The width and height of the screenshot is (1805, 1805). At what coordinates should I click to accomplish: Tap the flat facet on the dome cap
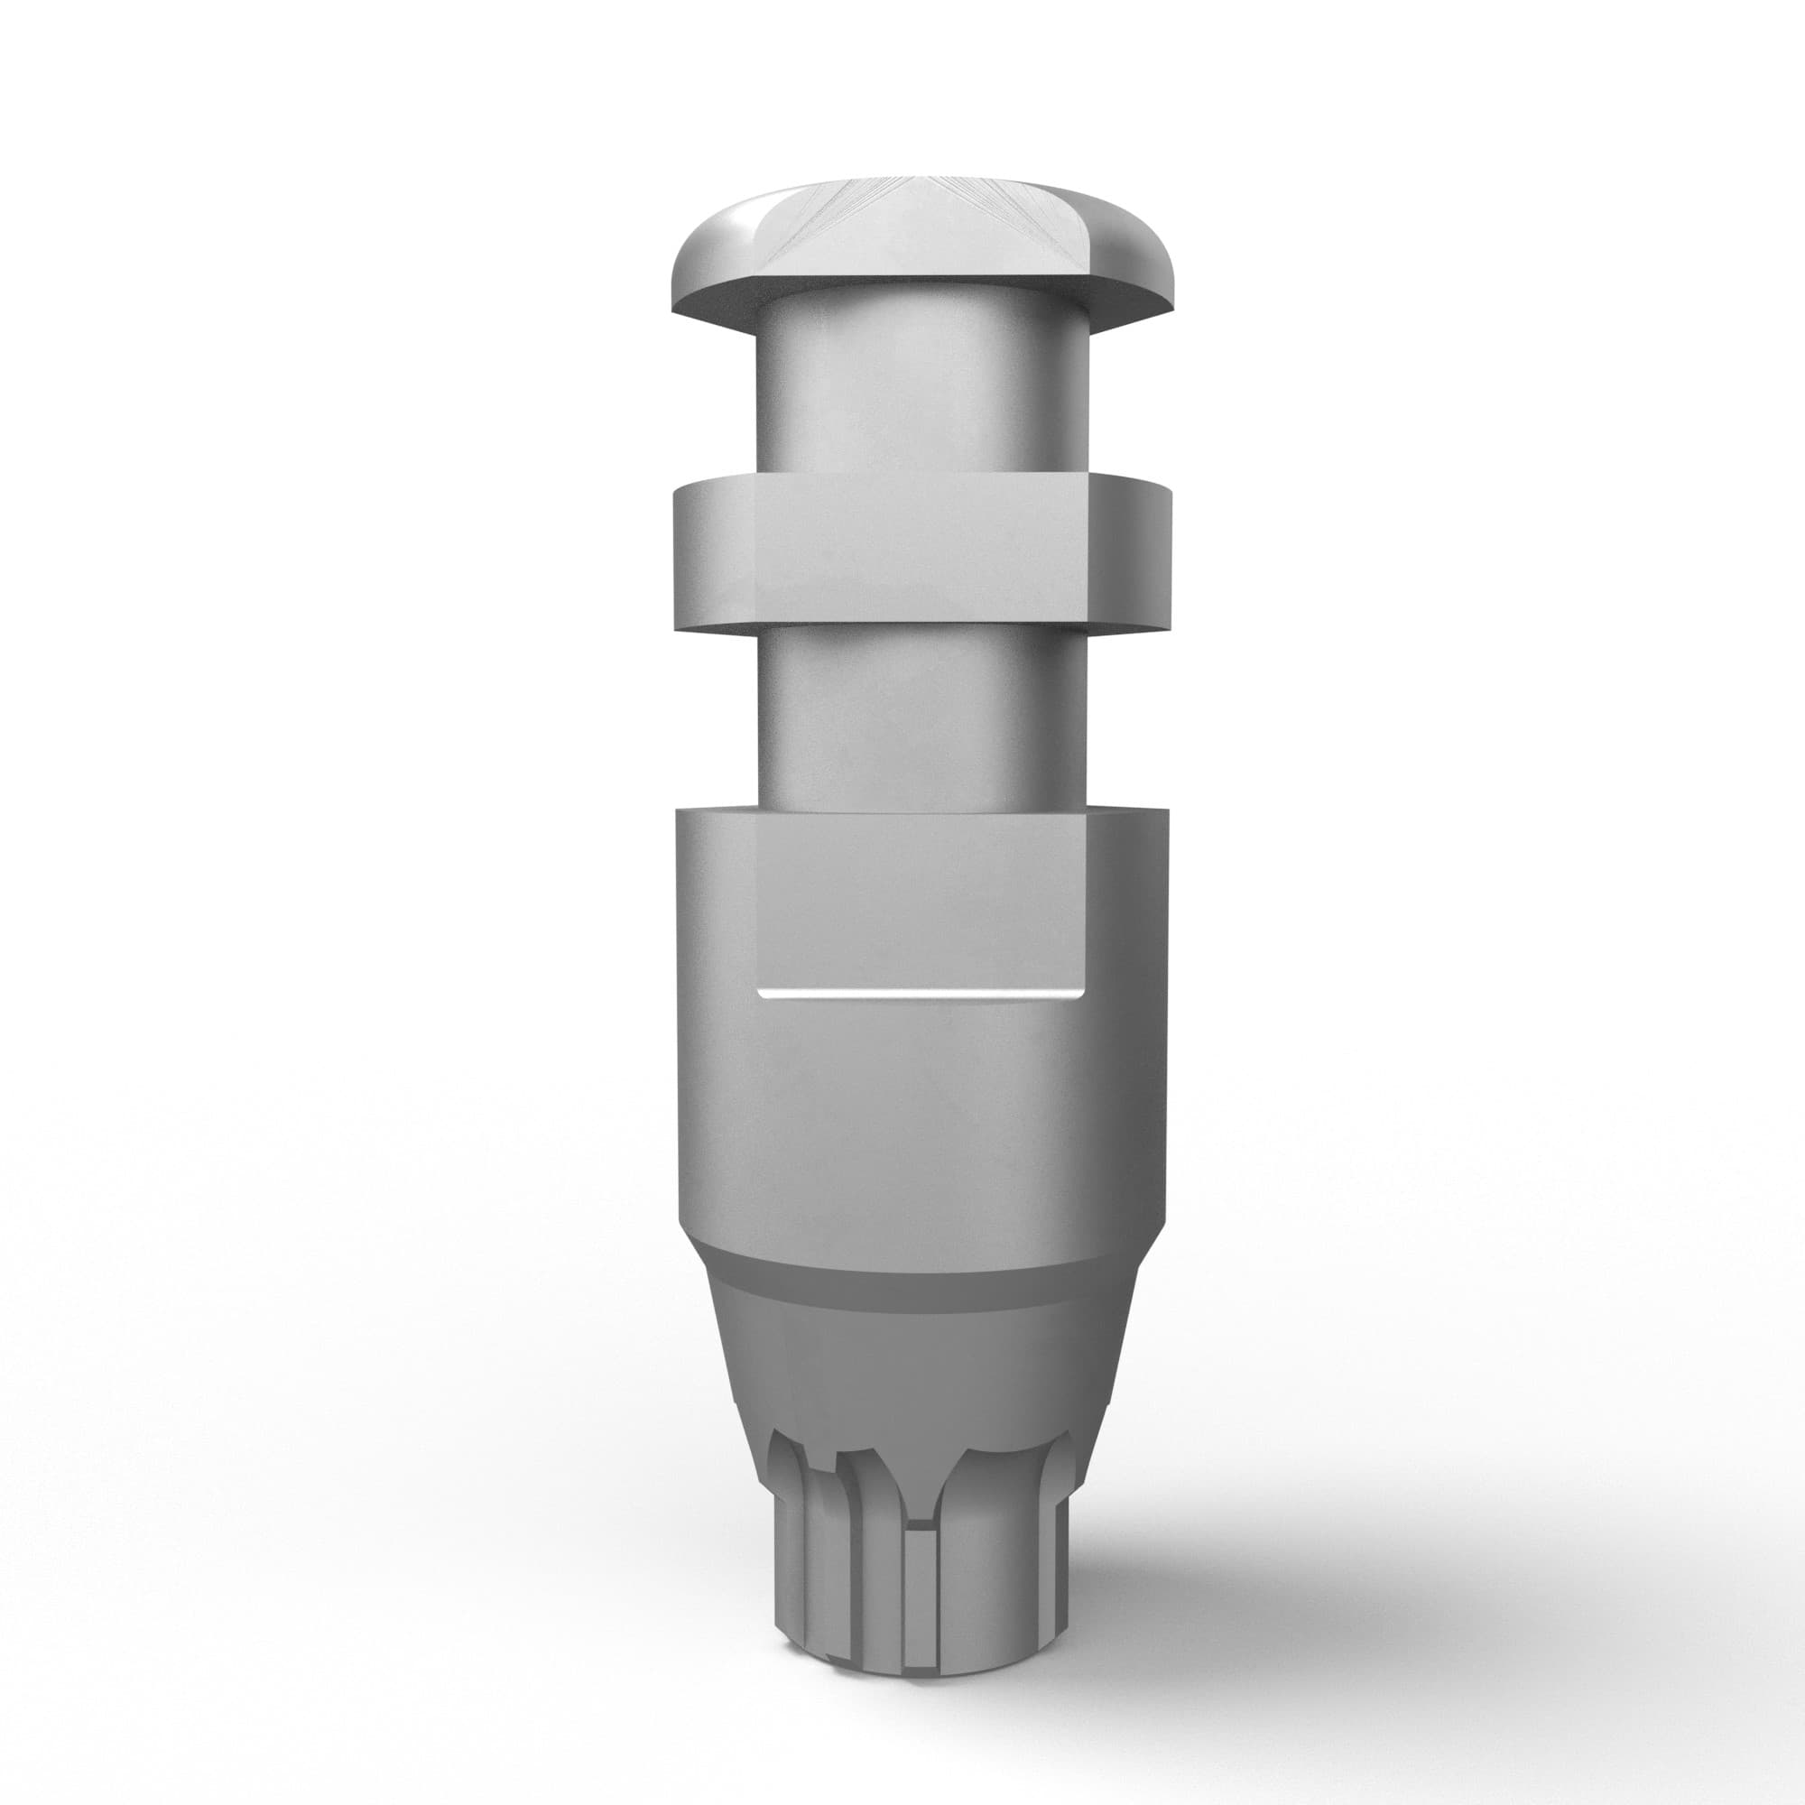pyautogui.click(x=921, y=238)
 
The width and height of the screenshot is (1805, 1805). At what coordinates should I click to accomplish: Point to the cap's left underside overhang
pyautogui.click(x=715, y=313)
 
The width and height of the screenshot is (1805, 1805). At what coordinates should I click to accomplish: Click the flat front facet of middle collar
pyautogui.click(x=921, y=547)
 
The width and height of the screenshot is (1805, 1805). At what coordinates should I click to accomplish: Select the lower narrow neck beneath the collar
pyautogui.click(x=921, y=715)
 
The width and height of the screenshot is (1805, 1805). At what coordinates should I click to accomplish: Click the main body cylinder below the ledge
pyautogui.click(x=921, y=1121)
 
